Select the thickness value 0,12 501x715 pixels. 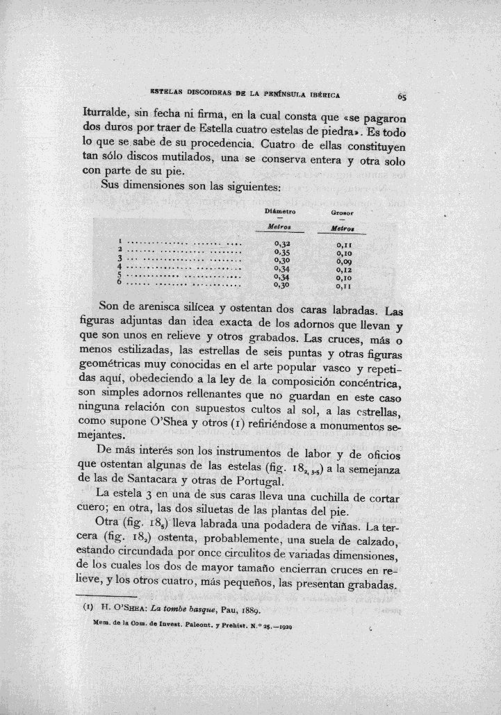pyautogui.click(x=345, y=269)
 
